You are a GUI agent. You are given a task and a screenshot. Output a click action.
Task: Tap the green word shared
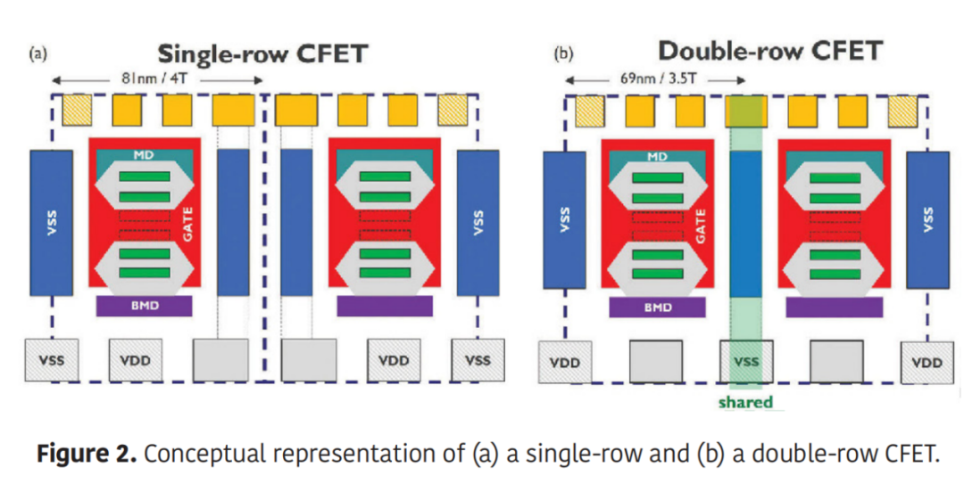[x=745, y=402]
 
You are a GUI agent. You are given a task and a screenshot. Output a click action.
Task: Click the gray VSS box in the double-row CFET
[x=746, y=362]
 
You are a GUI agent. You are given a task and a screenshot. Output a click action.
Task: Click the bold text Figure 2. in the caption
[x=86, y=454]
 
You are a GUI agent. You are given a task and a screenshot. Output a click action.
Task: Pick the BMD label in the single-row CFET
[x=144, y=307]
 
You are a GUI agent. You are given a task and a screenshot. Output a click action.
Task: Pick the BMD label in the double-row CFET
[x=658, y=307]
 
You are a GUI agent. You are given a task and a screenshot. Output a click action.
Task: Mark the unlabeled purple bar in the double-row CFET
[x=834, y=307]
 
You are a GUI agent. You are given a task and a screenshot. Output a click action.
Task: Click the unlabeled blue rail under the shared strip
[x=746, y=223]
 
